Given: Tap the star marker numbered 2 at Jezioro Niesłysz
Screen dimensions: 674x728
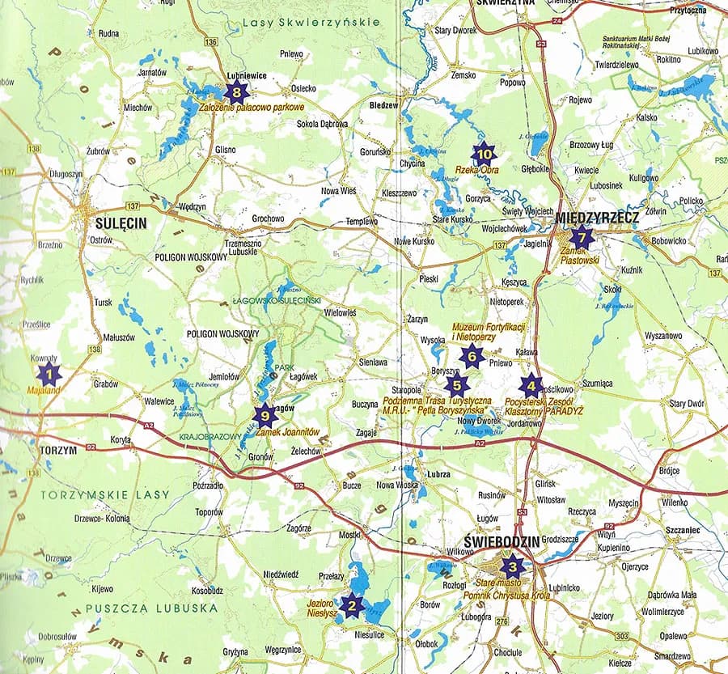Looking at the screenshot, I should coord(351,605).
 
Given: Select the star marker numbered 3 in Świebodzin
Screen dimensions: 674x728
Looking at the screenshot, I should coord(510,566).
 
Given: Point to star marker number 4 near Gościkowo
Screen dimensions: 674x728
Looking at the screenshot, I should coord(531,386).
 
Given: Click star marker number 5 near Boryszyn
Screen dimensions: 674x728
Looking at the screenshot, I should coord(457,386).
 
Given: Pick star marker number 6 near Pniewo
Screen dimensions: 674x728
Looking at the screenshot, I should coord(472,354).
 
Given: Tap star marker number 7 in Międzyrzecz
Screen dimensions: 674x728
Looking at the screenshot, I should coord(581,237).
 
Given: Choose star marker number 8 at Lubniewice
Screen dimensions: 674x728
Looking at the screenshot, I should coord(236,91).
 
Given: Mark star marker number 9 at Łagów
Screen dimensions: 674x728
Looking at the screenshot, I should coord(264,416).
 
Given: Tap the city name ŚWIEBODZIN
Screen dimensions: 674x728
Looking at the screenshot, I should coord(502,540).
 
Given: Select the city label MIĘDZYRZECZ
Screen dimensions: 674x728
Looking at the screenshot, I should coord(599,218).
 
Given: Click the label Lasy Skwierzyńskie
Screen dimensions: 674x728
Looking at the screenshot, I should coord(311,23).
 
